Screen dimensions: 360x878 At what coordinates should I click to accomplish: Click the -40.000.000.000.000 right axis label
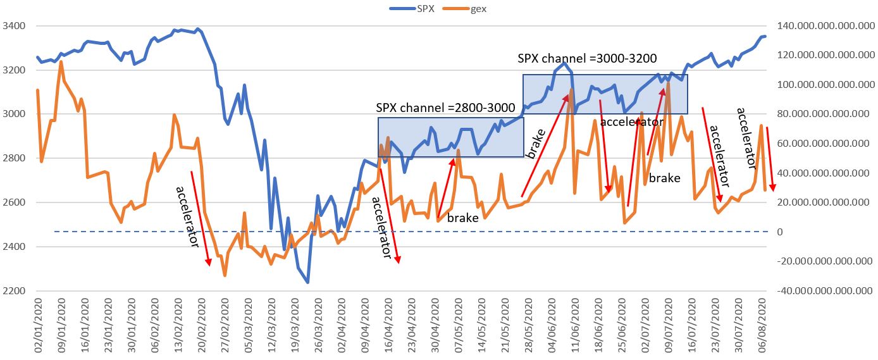point(822,291)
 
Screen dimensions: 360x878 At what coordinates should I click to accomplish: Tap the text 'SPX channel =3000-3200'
point(587,59)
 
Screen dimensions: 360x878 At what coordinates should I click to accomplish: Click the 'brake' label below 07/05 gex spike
point(462,218)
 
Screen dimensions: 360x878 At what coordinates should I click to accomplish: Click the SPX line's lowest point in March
point(307,282)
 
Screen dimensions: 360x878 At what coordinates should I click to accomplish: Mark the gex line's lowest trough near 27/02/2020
point(225,275)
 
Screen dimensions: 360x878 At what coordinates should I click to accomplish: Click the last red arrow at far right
point(770,159)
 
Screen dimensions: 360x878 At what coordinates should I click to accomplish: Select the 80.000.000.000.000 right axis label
point(823,115)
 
